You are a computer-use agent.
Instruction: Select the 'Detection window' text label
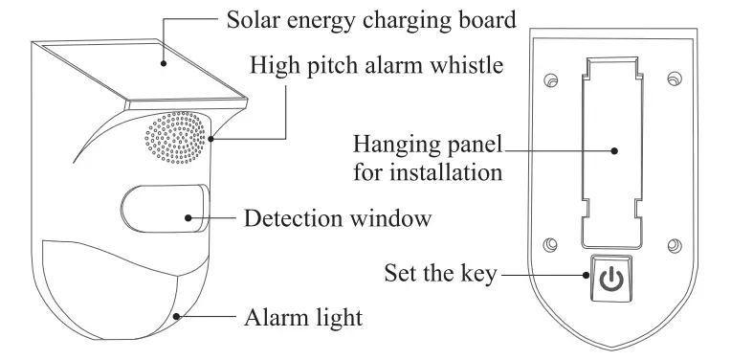[x=338, y=218]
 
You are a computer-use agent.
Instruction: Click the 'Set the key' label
[x=440, y=275]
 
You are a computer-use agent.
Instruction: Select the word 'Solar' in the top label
[x=251, y=19]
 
